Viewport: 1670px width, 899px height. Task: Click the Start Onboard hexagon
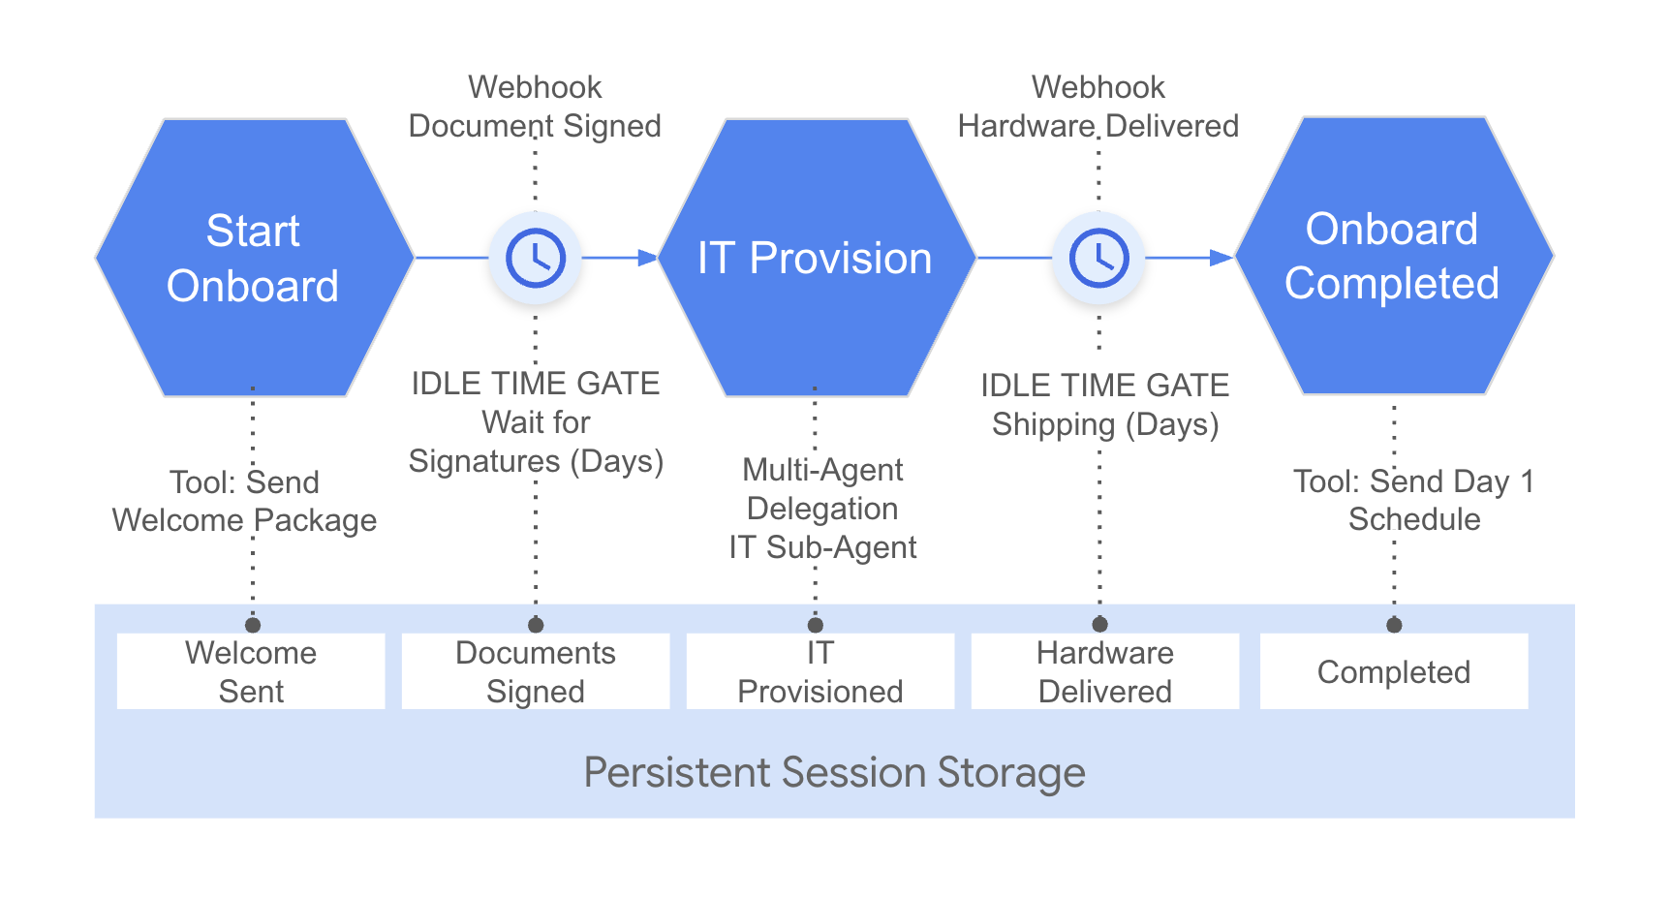(x=254, y=258)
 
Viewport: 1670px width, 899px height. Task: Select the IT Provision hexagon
(x=817, y=258)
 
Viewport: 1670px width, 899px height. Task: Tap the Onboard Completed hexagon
(x=1393, y=257)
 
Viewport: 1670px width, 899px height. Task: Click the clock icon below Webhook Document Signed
(x=536, y=258)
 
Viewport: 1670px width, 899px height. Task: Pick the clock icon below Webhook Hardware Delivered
(x=1098, y=258)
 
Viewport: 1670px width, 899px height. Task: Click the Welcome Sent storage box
(x=251, y=671)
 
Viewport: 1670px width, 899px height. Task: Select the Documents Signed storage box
(x=536, y=671)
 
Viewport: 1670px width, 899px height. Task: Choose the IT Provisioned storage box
(x=820, y=671)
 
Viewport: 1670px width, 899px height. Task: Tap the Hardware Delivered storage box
(x=1105, y=671)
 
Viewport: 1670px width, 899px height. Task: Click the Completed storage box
(x=1394, y=671)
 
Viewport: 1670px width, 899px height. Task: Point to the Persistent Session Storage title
(x=834, y=773)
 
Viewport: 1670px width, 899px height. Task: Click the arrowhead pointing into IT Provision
(x=648, y=258)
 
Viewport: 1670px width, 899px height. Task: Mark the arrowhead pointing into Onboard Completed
(x=1222, y=258)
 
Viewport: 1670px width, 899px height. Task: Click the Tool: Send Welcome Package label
(x=244, y=501)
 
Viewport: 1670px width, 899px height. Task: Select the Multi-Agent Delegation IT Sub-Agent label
(x=822, y=509)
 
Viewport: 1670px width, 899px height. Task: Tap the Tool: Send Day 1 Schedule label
(x=1414, y=500)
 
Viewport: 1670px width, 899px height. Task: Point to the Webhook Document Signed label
(x=535, y=107)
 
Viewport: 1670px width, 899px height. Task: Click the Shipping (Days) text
(x=1105, y=424)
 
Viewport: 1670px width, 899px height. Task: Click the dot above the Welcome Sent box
(x=253, y=625)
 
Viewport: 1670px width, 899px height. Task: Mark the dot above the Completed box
(x=1394, y=625)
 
